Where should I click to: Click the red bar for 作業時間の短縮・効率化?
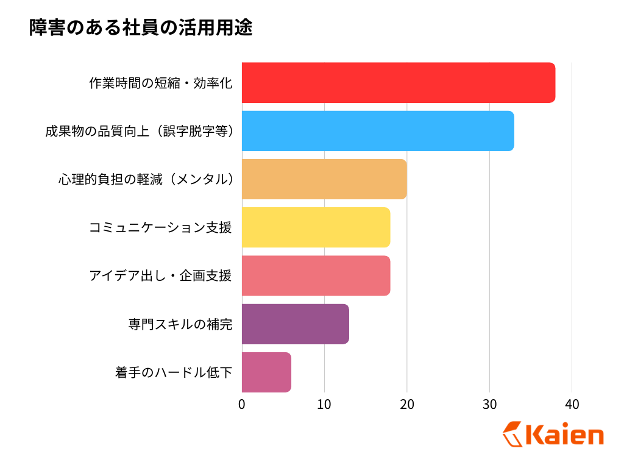point(399,82)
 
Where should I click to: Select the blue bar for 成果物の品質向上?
point(378,131)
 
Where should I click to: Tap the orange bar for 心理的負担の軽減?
point(324,179)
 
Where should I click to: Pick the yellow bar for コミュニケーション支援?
point(316,227)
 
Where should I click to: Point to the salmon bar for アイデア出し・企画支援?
point(316,275)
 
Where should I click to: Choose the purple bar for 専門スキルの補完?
point(295,324)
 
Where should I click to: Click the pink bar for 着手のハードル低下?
point(266,372)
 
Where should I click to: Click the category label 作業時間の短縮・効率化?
point(160,83)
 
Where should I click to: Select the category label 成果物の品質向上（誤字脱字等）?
point(140,131)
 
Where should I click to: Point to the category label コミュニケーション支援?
point(160,227)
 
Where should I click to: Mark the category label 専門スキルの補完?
point(180,324)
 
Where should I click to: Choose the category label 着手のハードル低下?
point(174,372)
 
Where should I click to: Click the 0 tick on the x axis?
point(242,404)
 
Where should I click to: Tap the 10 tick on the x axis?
point(324,404)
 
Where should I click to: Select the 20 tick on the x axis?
point(406,404)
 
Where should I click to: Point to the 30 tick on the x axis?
point(489,404)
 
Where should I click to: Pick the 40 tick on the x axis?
point(572,404)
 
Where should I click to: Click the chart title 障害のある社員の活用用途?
point(140,28)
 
